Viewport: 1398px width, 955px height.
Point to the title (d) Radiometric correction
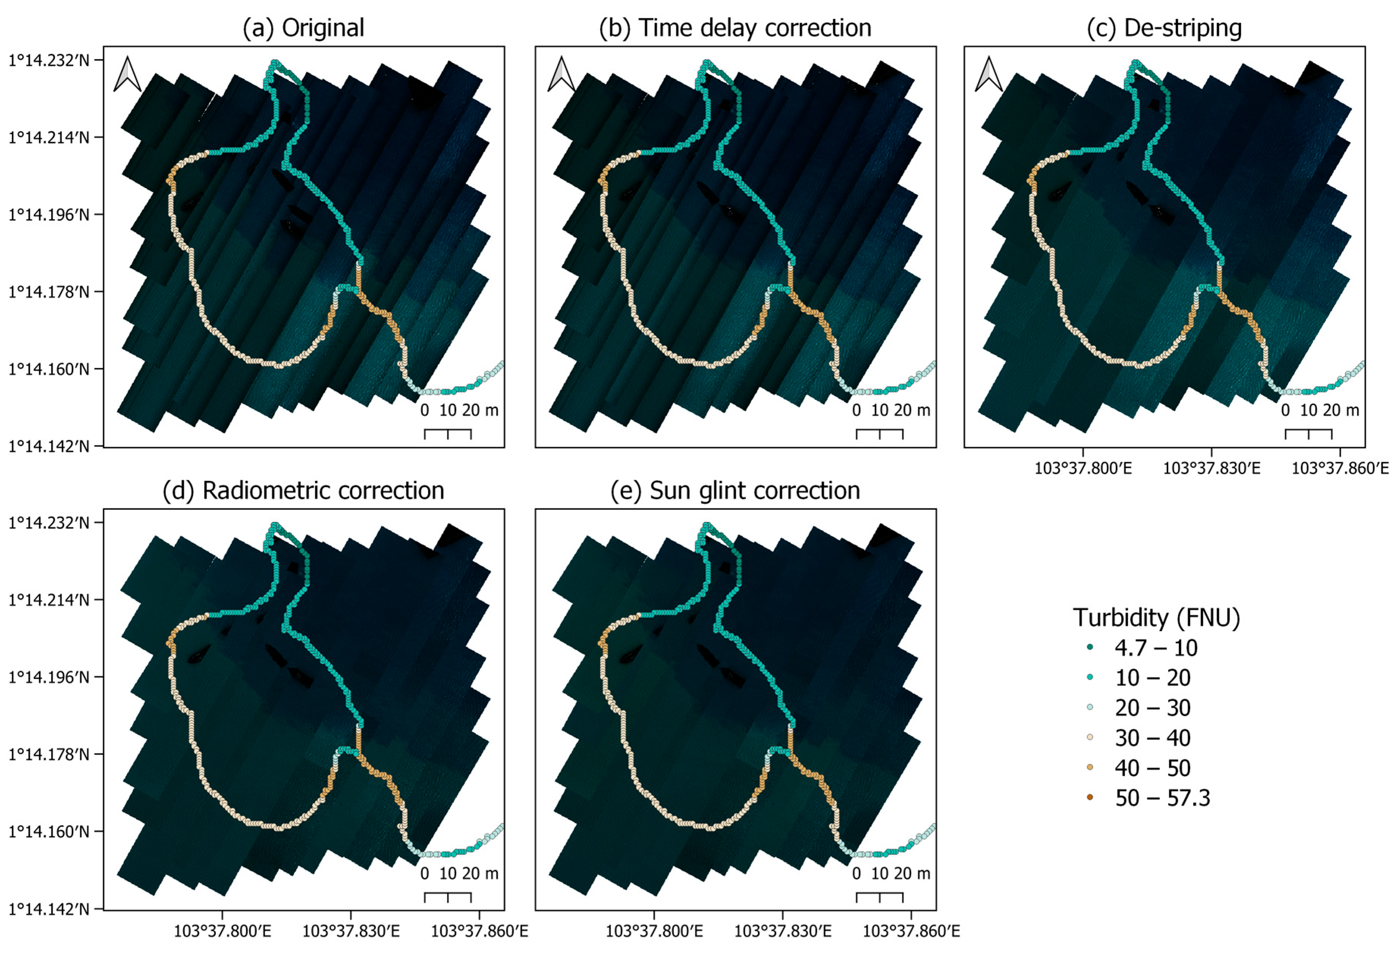click(303, 490)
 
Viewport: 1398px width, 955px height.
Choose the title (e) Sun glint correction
click(735, 490)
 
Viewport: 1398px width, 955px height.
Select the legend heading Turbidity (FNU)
click(1156, 618)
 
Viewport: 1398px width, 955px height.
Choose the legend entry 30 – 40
click(1152, 738)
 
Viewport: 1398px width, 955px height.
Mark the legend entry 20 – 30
click(1152, 708)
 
